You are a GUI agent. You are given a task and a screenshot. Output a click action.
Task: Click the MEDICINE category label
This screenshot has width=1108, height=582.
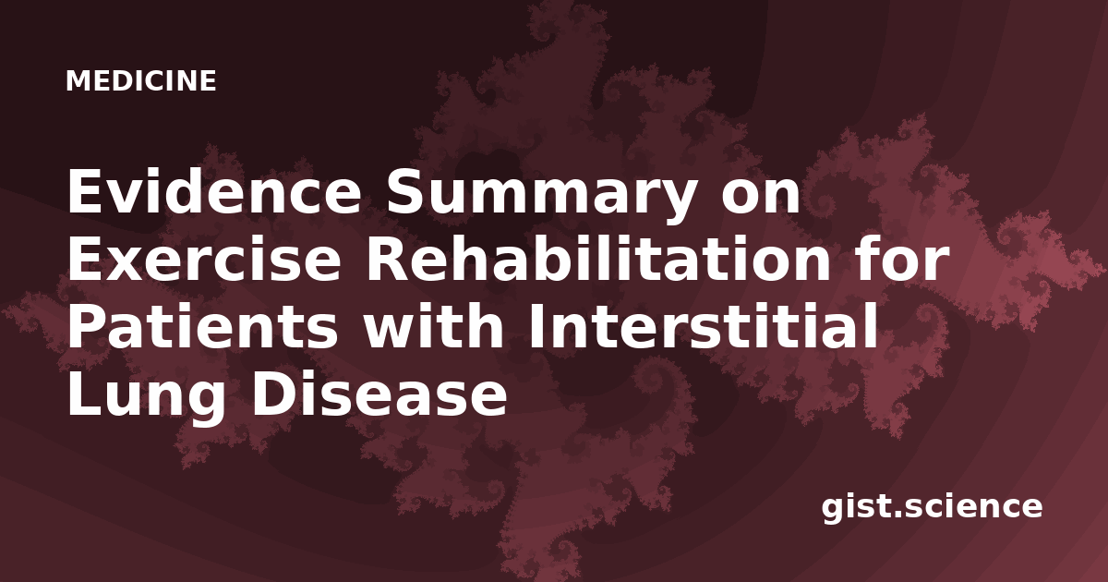click(x=141, y=80)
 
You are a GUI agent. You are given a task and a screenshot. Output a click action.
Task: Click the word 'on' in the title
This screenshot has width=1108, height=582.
click(x=761, y=197)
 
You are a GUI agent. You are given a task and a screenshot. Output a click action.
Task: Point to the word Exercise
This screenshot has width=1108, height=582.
click(x=204, y=260)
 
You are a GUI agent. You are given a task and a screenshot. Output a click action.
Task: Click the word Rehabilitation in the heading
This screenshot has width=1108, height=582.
click(x=598, y=259)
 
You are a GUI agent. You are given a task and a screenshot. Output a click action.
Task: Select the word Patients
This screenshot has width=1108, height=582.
click(x=203, y=327)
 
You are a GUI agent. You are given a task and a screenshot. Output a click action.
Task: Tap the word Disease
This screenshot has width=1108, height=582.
click(x=379, y=394)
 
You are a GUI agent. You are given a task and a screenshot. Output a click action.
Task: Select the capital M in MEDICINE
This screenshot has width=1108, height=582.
click(x=78, y=81)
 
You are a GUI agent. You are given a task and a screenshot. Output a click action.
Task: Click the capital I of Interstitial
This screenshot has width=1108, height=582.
click(x=536, y=327)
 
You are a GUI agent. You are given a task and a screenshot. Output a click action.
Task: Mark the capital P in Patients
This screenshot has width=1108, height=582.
click(x=86, y=327)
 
